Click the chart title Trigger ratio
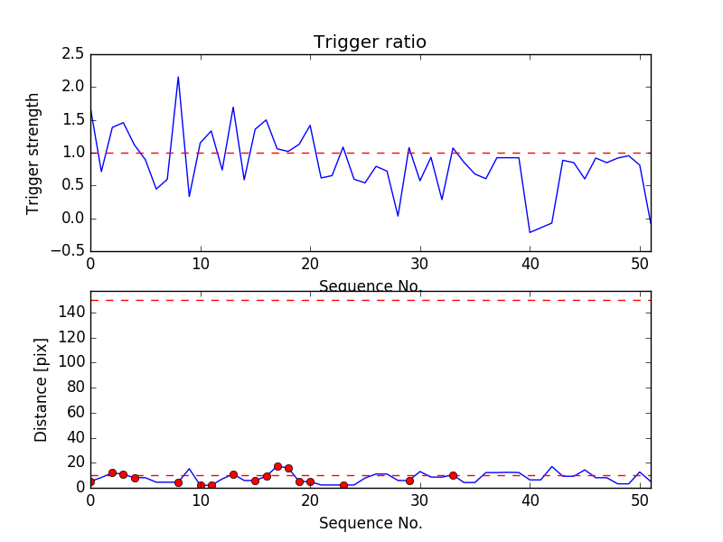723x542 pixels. (370, 42)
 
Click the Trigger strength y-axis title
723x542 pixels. (33, 153)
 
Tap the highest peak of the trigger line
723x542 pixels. (178, 77)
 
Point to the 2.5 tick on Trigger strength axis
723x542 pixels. (72, 54)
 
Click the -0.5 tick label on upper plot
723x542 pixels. (70, 251)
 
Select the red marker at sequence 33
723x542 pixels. (453, 475)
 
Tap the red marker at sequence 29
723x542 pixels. (409, 481)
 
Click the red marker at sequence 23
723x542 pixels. (343, 485)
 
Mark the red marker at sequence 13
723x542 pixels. (233, 474)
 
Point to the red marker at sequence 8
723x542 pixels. (178, 482)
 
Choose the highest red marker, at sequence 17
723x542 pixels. (277, 467)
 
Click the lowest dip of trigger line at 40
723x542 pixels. (531, 232)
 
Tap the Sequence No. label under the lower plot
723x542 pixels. (370, 523)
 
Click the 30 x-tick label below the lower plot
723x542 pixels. (420, 501)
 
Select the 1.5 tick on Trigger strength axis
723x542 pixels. (72, 120)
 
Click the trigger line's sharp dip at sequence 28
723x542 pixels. (398, 216)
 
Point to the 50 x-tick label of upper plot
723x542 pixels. (640, 266)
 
